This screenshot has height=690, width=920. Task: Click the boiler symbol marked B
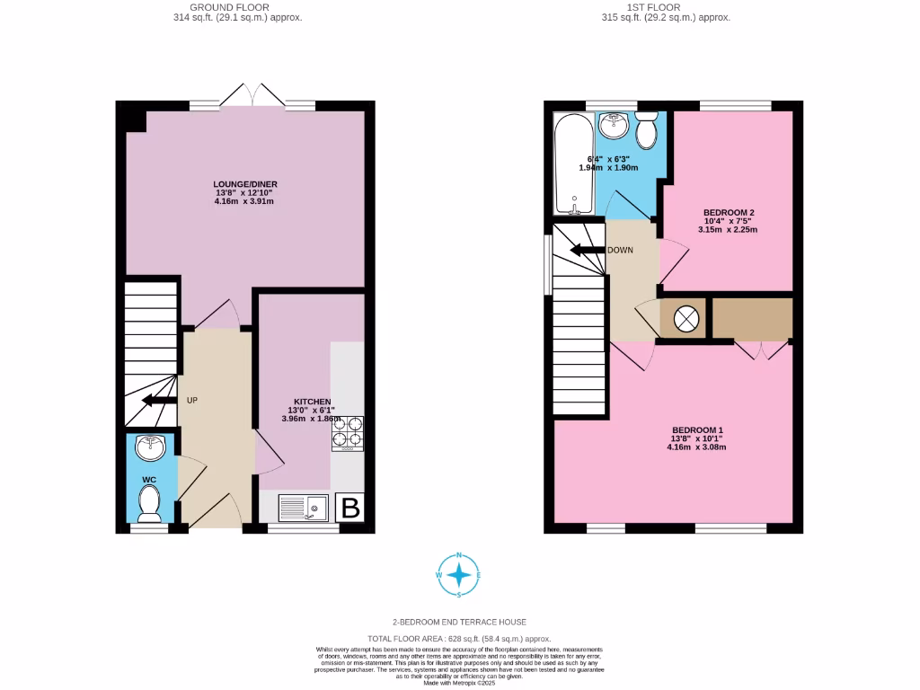pyautogui.click(x=349, y=508)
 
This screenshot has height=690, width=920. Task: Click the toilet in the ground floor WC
pyautogui.click(x=149, y=503)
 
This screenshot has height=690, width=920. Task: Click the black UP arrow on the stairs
pyautogui.click(x=159, y=400)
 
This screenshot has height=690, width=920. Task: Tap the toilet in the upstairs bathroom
pyautogui.click(x=645, y=131)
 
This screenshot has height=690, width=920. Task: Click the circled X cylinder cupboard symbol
pyautogui.click(x=686, y=318)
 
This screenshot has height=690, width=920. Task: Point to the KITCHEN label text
pyautogui.click(x=312, y=401)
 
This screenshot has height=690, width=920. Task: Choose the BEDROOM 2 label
pyautogui.click(x=728, y=213)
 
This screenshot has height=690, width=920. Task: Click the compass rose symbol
pyautogui.click(x=459, y=575)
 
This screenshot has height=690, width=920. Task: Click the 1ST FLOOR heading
pyautogui.click(x=665, y=7)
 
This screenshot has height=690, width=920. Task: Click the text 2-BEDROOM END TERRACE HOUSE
pyautogui.click(x=459, y=622)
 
